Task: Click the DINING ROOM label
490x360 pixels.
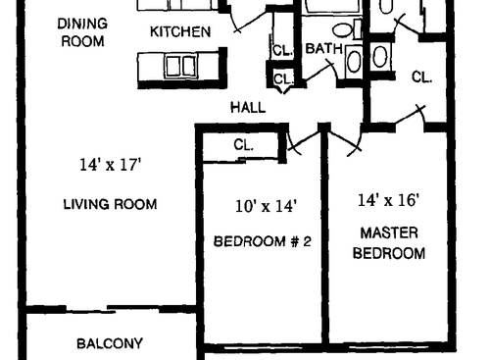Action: pos(81,31)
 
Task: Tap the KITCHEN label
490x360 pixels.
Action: pos(179,31)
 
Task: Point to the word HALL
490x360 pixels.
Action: pos(247,107)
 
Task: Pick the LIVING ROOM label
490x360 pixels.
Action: pos(110,204)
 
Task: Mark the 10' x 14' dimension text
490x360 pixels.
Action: pos(265,206)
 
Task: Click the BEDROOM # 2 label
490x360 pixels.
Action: pos(263,240)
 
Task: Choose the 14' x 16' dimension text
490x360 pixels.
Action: pos(388,200)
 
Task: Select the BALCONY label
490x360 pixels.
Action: pos(110,343)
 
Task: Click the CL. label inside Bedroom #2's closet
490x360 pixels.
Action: pos(244,144)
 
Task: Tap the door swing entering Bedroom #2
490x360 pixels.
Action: pos(304,142)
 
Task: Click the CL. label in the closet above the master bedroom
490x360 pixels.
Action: pos(422,77)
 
